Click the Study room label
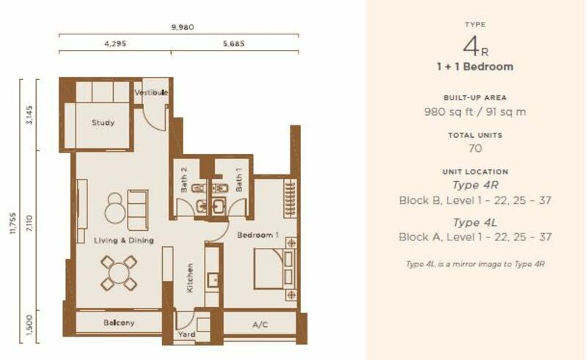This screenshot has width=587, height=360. (103, 122)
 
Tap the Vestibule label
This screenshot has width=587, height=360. (151, 92)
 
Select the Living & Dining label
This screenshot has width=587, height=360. (124, 240)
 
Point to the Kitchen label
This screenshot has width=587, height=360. (190, 278)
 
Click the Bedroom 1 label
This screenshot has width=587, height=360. (258, 235)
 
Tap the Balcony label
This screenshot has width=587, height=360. (119, 323)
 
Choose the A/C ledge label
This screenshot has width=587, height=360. (260, 325)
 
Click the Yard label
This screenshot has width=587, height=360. (186, 334)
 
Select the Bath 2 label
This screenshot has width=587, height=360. (184, 180)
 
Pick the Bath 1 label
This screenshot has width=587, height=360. (238, 180)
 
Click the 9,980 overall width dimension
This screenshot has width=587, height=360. (183, 27)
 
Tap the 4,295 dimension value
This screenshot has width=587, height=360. (115, 43)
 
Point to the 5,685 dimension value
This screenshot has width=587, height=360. (233, 43)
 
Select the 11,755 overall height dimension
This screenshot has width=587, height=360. (12, 224)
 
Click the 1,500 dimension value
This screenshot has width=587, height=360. (29, 325)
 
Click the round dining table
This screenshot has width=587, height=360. (119, 273)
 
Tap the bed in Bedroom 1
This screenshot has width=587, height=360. (274, 268)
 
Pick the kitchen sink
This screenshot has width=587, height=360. (213, 279)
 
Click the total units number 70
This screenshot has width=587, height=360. (475, 149)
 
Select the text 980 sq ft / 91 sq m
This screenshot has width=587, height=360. (475, 112)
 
